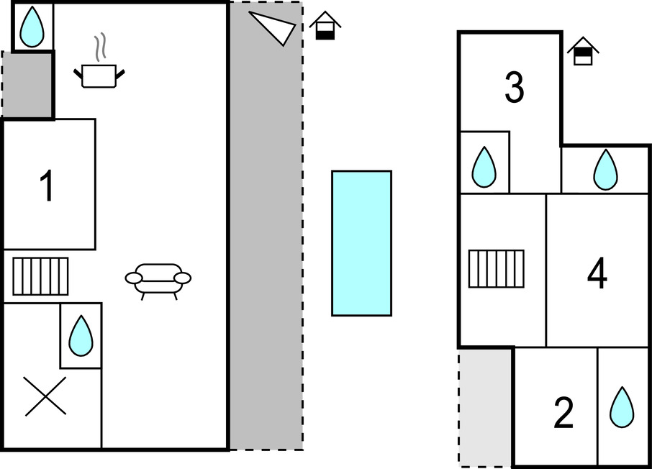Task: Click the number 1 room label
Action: click(47, 186)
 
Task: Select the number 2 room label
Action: click(563, 412)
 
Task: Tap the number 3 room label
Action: click(515, 87)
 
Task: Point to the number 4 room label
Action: click(597, 273)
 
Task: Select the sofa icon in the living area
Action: click(158, 279)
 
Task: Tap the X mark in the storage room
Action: click(45, 396)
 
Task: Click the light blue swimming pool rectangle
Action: click(361, 243)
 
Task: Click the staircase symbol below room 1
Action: click(40, 276)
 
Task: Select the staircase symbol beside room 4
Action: click(497, 269)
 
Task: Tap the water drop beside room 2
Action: click(622, 407)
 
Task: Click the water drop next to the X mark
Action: click(81, 336)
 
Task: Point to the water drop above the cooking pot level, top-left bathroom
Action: click(32, 27)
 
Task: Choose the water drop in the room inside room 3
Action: click(484, 167)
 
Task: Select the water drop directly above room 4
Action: click(605, 170)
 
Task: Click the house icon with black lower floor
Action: click(325, 26)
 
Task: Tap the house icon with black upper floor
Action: click(583, 51)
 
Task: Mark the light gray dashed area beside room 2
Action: click(485, 407)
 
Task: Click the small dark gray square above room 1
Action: click(27, 84)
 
